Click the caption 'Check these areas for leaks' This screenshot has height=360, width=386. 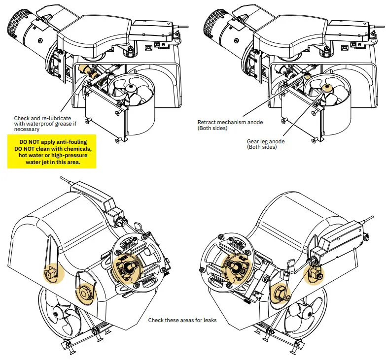pos(182,320)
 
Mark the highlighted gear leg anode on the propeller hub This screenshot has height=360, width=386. pos(326,88)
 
